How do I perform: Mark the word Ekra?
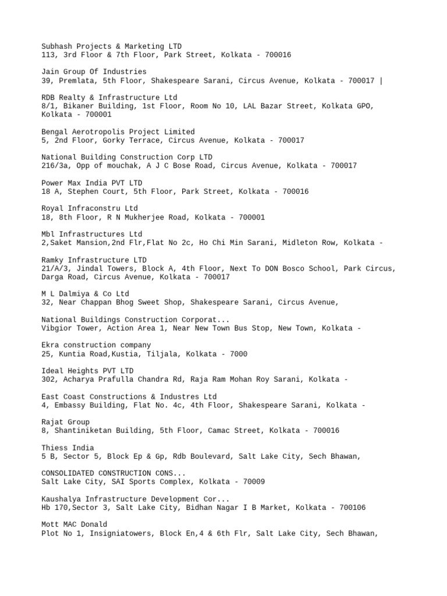50,345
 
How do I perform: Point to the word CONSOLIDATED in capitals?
68,473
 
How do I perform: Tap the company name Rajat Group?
66,422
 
